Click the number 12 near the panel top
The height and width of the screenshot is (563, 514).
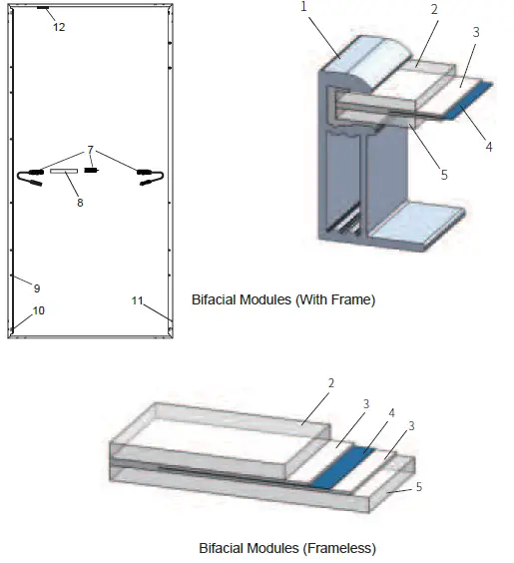pos(59,27)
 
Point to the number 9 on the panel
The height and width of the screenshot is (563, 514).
pos(36,287)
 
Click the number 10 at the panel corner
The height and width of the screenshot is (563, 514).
pos(39,310)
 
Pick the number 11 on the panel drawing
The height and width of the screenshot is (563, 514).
pos(138,298)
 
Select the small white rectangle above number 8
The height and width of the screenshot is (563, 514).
pos(64,172)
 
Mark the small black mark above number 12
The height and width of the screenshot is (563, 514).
pos(43,7)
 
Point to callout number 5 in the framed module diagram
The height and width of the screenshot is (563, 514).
pos(444,174)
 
